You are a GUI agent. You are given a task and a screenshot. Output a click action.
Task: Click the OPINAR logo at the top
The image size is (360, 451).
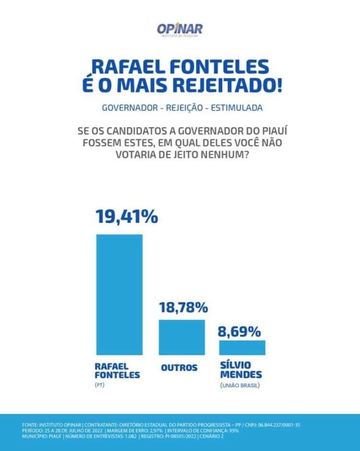pos(180,30)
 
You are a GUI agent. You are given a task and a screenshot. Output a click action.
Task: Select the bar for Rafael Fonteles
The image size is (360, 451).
pos(120,294)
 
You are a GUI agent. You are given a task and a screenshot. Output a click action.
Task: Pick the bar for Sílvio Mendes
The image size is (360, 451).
pos(242,347)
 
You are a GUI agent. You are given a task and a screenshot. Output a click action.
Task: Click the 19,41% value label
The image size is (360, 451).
pos(127,217)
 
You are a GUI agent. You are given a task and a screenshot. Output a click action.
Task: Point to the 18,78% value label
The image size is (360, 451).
pos(183,307)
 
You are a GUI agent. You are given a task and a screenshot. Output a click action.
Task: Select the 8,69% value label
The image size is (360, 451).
pos(240,331)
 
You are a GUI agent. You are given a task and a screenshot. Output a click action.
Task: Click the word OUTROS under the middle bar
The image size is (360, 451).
pos(179,368)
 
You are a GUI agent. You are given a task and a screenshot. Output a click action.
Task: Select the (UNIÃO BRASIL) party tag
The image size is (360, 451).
pos(242,386)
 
